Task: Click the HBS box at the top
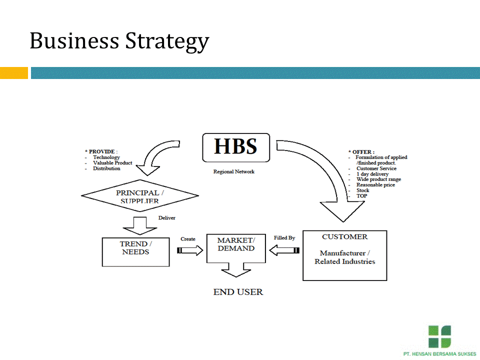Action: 235,147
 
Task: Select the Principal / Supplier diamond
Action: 139,196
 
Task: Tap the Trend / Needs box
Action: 136,251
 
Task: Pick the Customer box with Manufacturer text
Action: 344,255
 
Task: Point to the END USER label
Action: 238,292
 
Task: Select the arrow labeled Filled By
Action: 284,250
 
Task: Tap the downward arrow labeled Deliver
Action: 140,224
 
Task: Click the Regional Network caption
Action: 233,172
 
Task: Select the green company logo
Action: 439,336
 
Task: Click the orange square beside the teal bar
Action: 13,73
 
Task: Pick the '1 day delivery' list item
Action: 372,174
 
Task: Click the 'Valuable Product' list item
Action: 112,163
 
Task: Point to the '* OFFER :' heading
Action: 361,152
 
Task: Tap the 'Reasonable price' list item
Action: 375,185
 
